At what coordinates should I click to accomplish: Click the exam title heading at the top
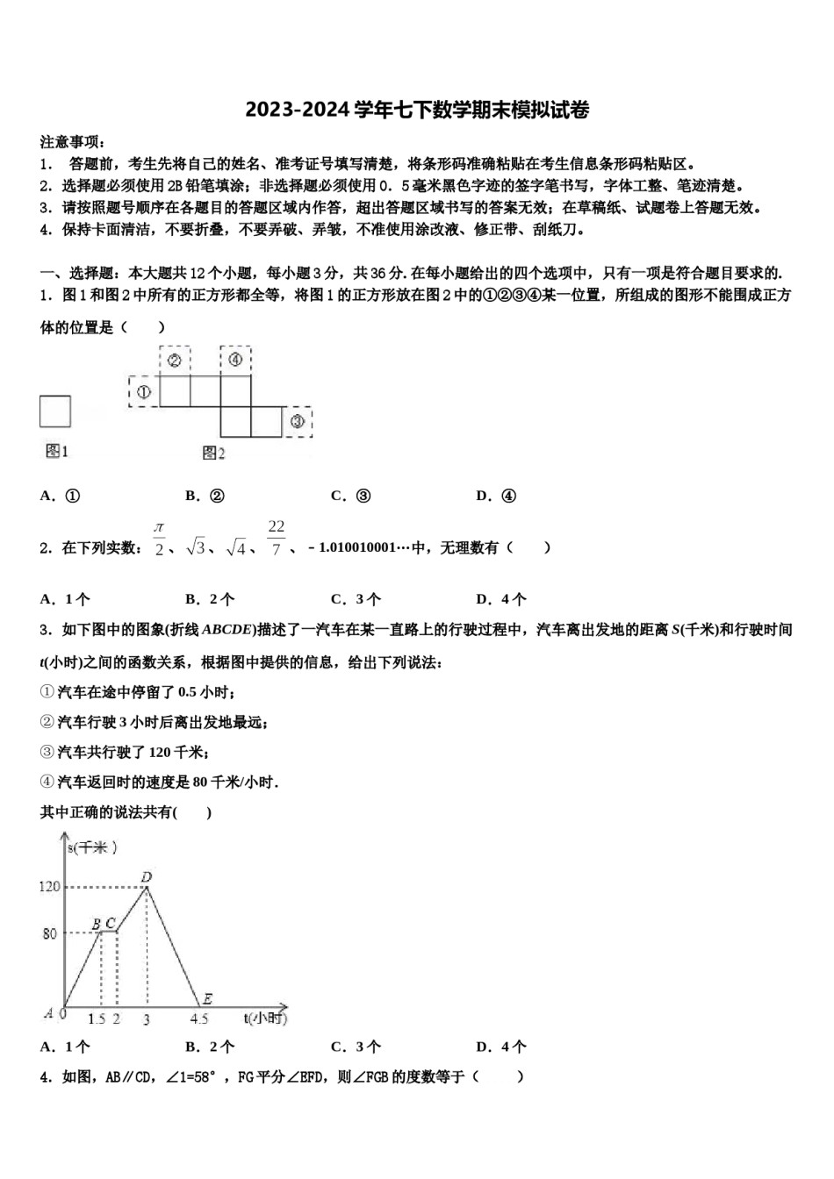click(417, 111)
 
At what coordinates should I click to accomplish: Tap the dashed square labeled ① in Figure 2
click(143, 392)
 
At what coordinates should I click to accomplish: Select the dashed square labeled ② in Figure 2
click(175, 361)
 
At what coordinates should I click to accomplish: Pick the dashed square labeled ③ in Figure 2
click(297, 422)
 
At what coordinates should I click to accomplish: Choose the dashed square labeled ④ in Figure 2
click(235, 361)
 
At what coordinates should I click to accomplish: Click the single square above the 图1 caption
click(55, 411)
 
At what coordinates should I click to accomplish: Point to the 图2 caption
click(214, 453)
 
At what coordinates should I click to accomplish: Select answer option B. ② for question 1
click(205, 496)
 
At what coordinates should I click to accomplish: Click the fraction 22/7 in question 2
click(277, 538)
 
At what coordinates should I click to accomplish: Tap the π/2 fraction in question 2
click(159, 538)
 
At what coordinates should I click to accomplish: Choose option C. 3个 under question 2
click(356, 600)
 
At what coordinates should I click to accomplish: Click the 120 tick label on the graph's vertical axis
click(50, 887)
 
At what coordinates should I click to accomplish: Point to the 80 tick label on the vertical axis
click(50, 933)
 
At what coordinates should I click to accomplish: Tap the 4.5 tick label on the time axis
click(199, 1018)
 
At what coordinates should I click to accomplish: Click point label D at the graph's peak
click(147, 877)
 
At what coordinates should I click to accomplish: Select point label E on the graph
click(207, 998)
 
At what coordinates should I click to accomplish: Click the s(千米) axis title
click(93, 847)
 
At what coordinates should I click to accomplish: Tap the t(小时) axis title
click(265, 1018)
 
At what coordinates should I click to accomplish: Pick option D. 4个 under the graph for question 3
click(501, 1047)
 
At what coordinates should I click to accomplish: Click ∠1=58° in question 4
click(190, 1077)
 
